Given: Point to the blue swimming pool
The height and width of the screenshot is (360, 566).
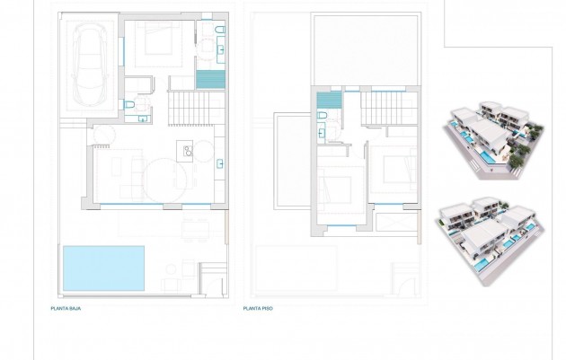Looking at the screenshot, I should coord(103,268).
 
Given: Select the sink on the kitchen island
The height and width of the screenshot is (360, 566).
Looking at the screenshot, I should coord(187,149).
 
